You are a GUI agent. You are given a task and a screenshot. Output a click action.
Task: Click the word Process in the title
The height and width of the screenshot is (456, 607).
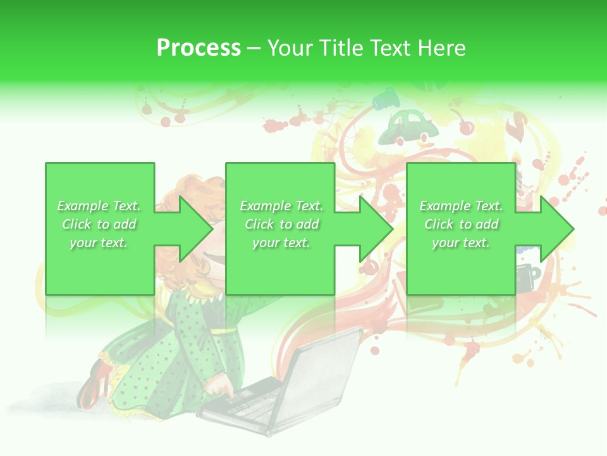tap(199, 48)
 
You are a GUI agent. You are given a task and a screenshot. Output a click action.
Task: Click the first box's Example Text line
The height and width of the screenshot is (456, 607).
tap(99, 206)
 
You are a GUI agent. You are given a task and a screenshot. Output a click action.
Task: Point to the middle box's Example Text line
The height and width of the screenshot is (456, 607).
tap(281, 206)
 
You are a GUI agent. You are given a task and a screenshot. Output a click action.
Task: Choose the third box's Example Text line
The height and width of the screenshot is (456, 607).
tap(461, 206)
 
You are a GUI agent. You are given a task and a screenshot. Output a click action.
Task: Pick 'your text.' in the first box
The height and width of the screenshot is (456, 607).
tap(99, 243)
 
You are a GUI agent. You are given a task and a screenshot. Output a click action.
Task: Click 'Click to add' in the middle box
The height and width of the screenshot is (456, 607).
tap(281, 224)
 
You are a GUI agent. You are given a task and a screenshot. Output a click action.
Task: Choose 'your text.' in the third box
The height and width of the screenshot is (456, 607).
tap(461, 243)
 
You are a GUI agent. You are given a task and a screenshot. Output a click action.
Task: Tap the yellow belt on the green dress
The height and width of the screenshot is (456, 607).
tap(221, 331)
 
